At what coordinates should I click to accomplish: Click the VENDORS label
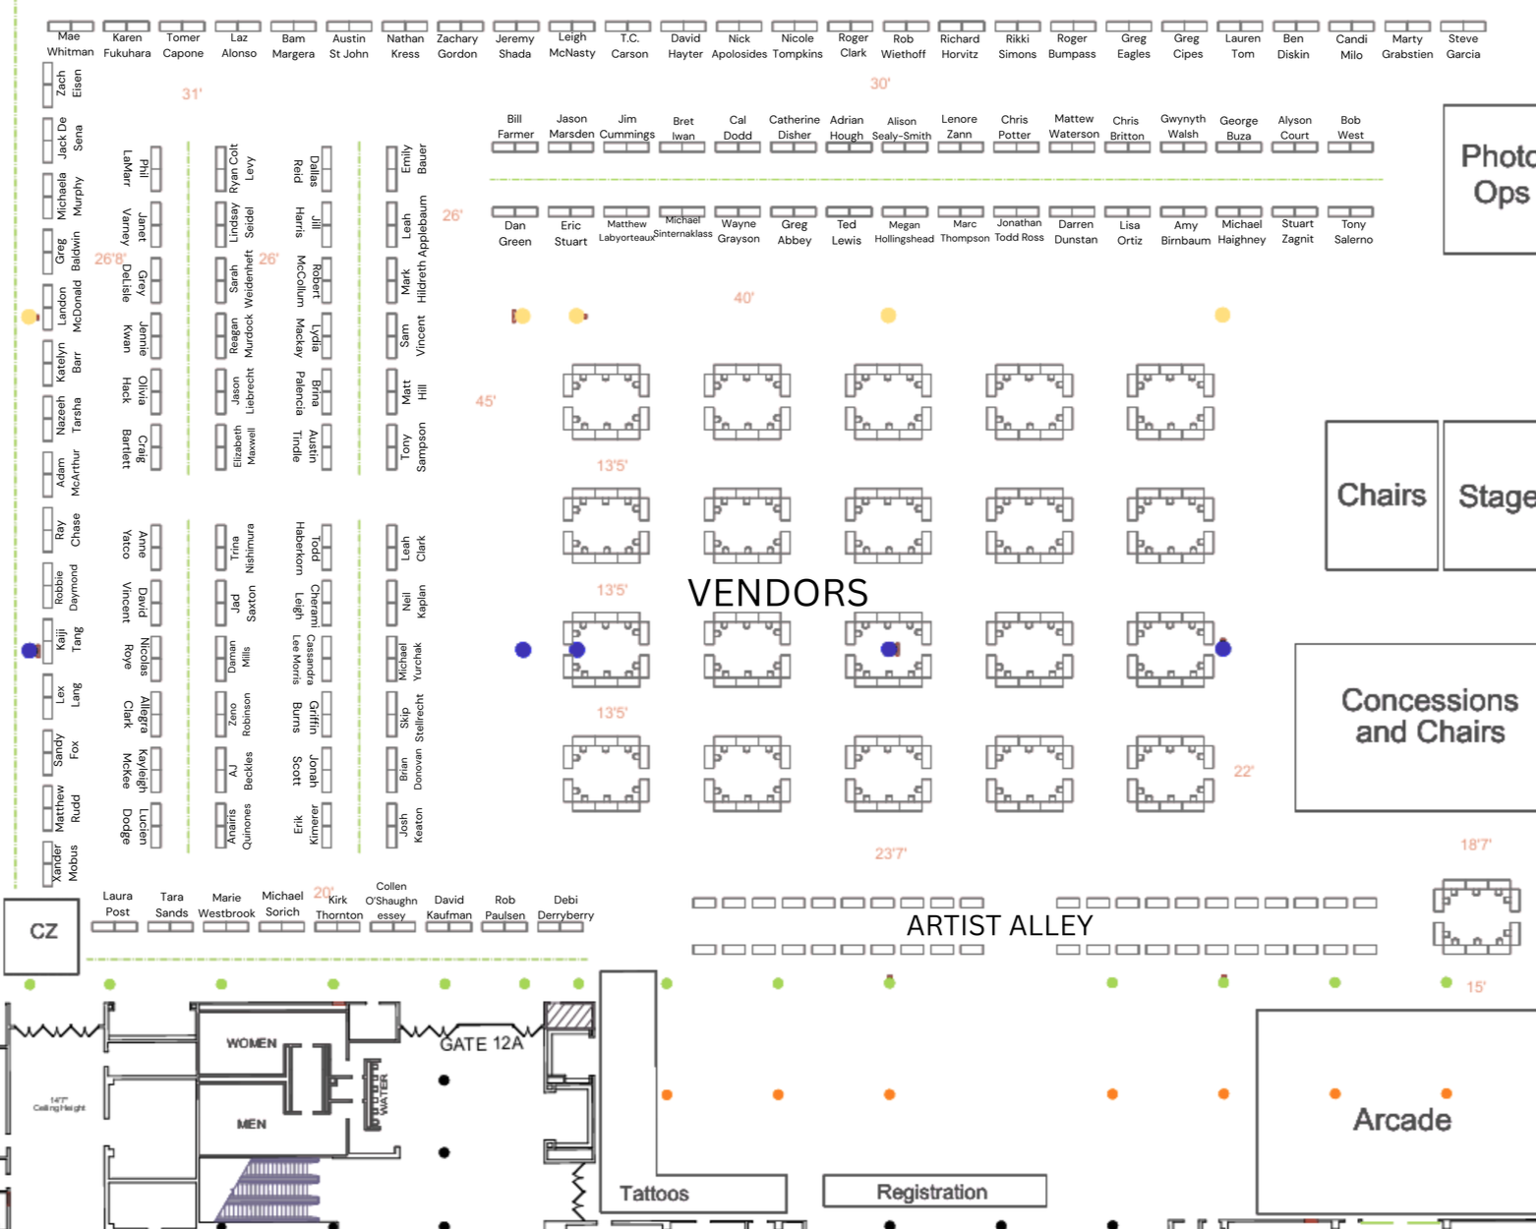point(777,593)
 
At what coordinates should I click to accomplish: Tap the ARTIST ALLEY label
point(999,926)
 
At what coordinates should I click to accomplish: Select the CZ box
point(42,932)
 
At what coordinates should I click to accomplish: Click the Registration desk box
point(933,1192)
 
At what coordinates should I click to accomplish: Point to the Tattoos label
point(654,1194)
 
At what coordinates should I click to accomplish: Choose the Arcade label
point(1401,1120)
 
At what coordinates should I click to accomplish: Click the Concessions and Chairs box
point(1428,728)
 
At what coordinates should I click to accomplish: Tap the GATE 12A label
point(481,1043)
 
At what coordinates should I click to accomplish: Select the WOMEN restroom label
point(252,1043)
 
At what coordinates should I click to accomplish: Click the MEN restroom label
point(251,1124)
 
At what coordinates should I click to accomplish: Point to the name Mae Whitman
point(70,44)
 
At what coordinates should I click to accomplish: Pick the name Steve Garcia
point(1462,46)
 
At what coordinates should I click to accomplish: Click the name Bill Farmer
point(515,127)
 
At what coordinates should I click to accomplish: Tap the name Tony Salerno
point(1353,232)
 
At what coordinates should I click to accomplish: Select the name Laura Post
point(117,904)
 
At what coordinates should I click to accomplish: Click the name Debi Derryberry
point(565,907)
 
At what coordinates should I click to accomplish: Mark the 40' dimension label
point(743,298)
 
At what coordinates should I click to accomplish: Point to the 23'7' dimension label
point(891,853)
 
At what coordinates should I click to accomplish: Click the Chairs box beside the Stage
point(1381,496)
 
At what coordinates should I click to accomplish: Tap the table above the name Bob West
point(1350,147)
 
